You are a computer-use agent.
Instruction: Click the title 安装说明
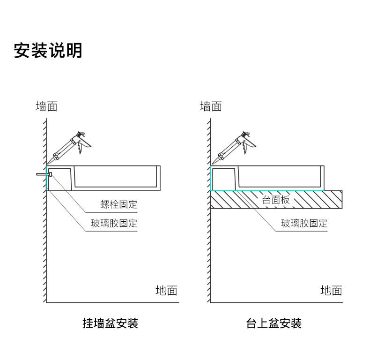pos(48,50)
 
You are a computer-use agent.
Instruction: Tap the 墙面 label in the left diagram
pos(46,106)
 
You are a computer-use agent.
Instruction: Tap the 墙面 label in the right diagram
pos(211,106)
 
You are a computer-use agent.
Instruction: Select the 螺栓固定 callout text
pos(119,204)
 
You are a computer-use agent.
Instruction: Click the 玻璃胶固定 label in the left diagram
pos(114,223)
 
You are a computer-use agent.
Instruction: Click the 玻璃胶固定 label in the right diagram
pos(304,223)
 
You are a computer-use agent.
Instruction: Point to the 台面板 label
pos(276,200)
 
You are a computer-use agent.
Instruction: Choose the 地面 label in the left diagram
pos(166,291)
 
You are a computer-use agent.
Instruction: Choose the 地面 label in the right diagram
pos(331,291)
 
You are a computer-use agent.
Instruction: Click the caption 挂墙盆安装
pos(110,323)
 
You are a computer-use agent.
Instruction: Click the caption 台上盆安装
pos(274,323)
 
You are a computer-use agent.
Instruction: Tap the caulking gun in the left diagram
pos(70,146)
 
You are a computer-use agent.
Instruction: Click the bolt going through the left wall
pos(44,174)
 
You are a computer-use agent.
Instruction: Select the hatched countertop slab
pos(318,200)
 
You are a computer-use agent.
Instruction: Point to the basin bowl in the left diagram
pos(117,177)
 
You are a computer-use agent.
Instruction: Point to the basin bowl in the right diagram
pos(281,177)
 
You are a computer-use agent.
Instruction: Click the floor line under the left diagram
pos(112,303)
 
